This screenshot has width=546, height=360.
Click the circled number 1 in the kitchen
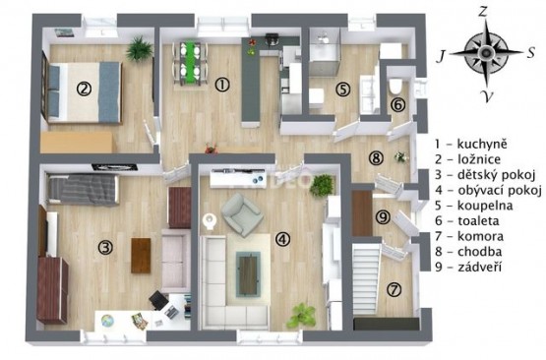tap(222, 85)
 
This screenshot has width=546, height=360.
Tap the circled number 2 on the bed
tap(84, 89)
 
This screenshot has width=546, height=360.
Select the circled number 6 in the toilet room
tap(398, 105)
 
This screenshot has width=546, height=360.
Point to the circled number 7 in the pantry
tap(394, 289)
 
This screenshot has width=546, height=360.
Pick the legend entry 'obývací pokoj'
tap(500, 191)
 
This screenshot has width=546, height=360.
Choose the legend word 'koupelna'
tap(485, 206)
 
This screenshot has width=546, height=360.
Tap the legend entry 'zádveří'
tap(479, 267)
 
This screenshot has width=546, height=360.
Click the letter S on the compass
tap(530, 53)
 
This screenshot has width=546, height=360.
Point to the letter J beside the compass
tap(441, 56)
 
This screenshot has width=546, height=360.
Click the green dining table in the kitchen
tap(190, 63)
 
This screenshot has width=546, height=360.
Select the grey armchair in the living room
tap(242, 214)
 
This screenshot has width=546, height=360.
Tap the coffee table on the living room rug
tap(248, 274)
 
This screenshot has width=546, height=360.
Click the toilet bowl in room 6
tap(395, 87)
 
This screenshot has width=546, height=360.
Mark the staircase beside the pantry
tap(366, 279)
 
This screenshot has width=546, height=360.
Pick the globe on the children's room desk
tap(107, 321)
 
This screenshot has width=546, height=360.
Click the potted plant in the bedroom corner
tap(140, 48)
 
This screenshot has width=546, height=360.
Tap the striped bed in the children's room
tap(83, 189)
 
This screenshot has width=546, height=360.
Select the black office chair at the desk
tap(158, 300)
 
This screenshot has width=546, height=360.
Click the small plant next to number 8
tap(400, 157)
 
